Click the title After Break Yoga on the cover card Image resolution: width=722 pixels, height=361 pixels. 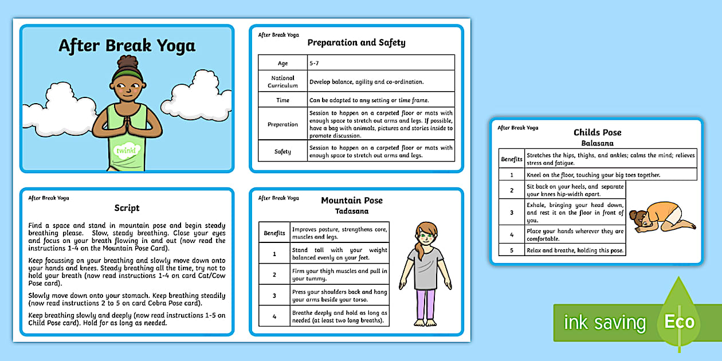coord(127,46)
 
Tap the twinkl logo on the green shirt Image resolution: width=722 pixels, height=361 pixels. coord(126,151)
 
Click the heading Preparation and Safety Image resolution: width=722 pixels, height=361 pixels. coord(356,42)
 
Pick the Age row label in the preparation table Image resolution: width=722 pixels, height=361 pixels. coord(282,64)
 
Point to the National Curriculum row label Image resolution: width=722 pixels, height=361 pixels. coord(282,81)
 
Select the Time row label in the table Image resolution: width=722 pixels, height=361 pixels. coord(282,100)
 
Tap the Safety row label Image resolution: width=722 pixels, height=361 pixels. coord(282,151)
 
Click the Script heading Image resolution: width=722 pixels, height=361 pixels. coord(127,208)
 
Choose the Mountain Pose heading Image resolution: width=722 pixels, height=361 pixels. coord(351,201)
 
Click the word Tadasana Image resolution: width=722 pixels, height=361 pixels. coord(351,211)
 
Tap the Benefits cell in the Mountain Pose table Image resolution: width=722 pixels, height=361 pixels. coord(274,233)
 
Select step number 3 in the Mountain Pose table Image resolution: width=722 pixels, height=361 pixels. coord(274,295)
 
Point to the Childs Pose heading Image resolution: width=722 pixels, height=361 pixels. coord(597,132)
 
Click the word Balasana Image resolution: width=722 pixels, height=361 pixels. coord(597,143)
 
